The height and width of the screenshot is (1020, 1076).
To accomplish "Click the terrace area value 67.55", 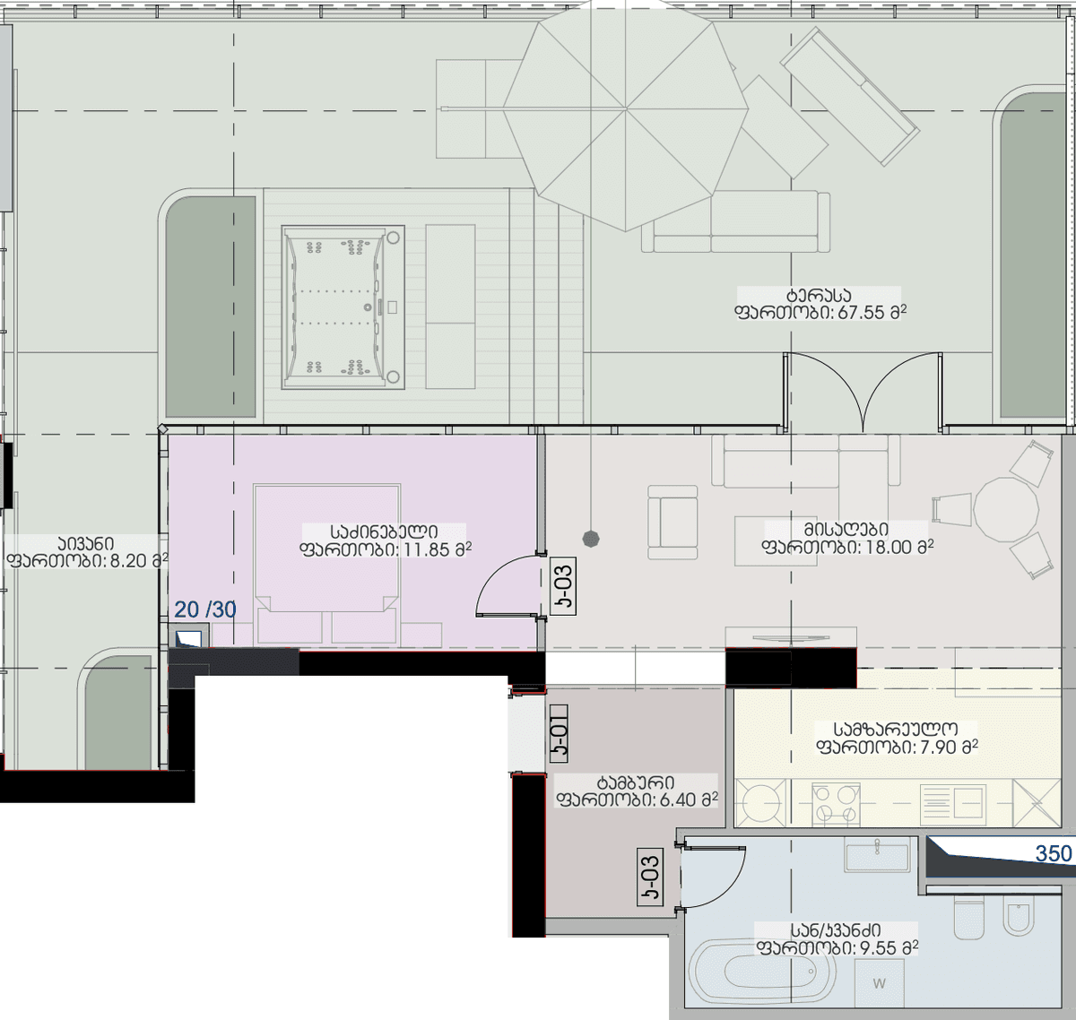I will (x=861, y=313).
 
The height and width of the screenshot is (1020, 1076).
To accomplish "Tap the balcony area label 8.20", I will (x=134, y=560).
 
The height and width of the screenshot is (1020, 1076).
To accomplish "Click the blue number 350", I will (x=1053, y=853).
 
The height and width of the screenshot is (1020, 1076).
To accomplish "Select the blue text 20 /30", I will (x=205, y=609).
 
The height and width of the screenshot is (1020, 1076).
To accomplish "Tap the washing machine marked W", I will (x=879, y=983).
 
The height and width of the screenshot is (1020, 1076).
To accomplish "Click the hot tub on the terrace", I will (x=343, y=307).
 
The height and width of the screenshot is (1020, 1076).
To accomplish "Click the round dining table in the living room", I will (x=1006, y=509).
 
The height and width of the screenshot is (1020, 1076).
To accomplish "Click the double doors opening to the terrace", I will (x=863, y=393).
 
